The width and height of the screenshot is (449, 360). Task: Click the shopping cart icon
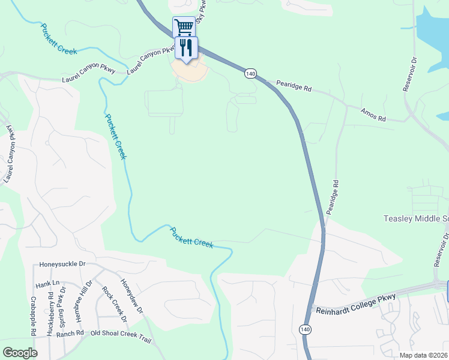click(184, 26)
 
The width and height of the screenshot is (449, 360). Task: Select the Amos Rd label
click(373, 115)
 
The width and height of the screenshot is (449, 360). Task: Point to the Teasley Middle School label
click(415, 219)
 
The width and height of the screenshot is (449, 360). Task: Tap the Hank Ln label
click(48, 283)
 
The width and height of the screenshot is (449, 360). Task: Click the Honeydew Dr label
click(131, 297)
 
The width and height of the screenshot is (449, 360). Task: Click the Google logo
click(20, 353)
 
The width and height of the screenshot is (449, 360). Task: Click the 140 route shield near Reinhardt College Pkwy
click(305, 329)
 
